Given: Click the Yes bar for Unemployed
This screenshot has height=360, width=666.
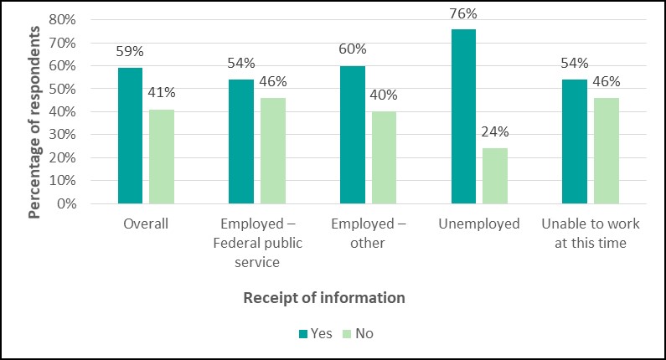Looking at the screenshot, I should [x=463, y=116].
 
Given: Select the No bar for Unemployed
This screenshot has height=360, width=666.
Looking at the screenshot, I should [x=495, y=176].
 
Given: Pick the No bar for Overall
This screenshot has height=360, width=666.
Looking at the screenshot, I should [x=162, y=157].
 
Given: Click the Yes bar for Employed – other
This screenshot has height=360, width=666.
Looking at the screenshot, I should [x=353, y=135].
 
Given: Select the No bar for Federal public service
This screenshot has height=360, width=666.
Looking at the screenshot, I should [x=273, y=151].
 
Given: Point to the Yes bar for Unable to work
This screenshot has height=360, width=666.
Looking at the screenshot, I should [x=575, y=141].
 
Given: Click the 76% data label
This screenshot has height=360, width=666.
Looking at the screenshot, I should [x=463, y=13].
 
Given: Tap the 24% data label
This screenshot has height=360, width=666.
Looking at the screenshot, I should [x=495, y=132].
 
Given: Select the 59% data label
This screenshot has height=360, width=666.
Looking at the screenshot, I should [x=130, y=52].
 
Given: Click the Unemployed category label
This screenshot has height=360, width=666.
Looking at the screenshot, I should [x=479, y=224].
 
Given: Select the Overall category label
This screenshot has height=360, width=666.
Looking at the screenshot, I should [x=146, y=224].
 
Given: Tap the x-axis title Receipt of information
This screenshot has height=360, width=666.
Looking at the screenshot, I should [x=324, y=297].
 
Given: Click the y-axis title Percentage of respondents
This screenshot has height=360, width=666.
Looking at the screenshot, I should [x=34, y=122].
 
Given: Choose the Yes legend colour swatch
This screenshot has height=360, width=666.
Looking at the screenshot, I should [x=303, y=334].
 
